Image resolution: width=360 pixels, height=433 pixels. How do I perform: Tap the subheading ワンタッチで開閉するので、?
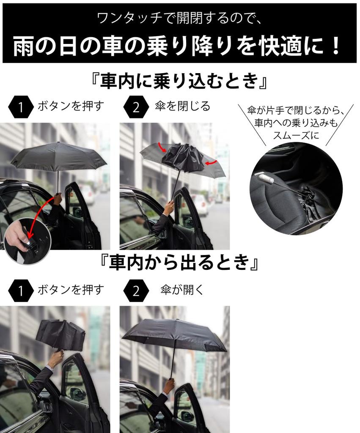click(x=180, y=18)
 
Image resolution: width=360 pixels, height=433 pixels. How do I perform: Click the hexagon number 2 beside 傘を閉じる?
click(x=136, y=107)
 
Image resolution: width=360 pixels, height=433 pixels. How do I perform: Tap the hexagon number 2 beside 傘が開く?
click(x=136, y=290)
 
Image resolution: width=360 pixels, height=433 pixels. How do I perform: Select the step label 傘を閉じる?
click(x=182, y=106)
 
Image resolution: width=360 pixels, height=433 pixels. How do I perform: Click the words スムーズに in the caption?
click(x=296, y=136)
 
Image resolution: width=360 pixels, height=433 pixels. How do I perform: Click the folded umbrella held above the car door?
click(x=60, y=335)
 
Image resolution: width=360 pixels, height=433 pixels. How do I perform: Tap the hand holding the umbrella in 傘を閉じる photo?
click(x=169, y=208)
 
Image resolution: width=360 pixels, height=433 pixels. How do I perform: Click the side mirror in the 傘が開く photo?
click(x=187, y=416)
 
